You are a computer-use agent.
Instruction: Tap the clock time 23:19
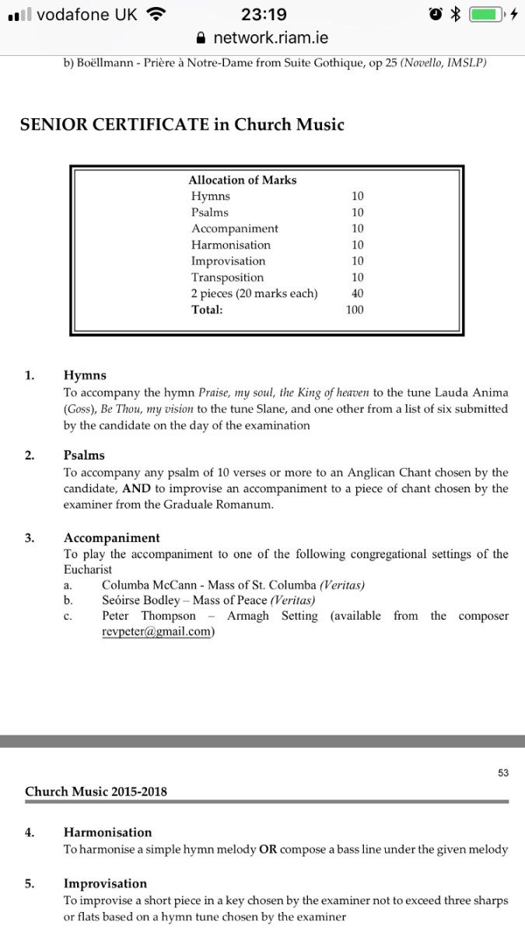264,14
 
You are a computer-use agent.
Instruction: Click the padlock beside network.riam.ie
201,37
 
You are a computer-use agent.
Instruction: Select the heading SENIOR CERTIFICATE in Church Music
182,124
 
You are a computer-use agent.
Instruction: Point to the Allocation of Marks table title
243,180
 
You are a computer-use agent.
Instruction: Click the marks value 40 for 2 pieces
357,293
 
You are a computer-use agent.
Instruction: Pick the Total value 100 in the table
355,309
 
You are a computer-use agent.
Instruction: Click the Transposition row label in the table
227,277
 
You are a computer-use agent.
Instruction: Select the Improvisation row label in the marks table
228,260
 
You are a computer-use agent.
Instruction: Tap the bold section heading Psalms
84,455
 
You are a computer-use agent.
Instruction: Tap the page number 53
502,772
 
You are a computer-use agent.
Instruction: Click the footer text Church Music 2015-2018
96,791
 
